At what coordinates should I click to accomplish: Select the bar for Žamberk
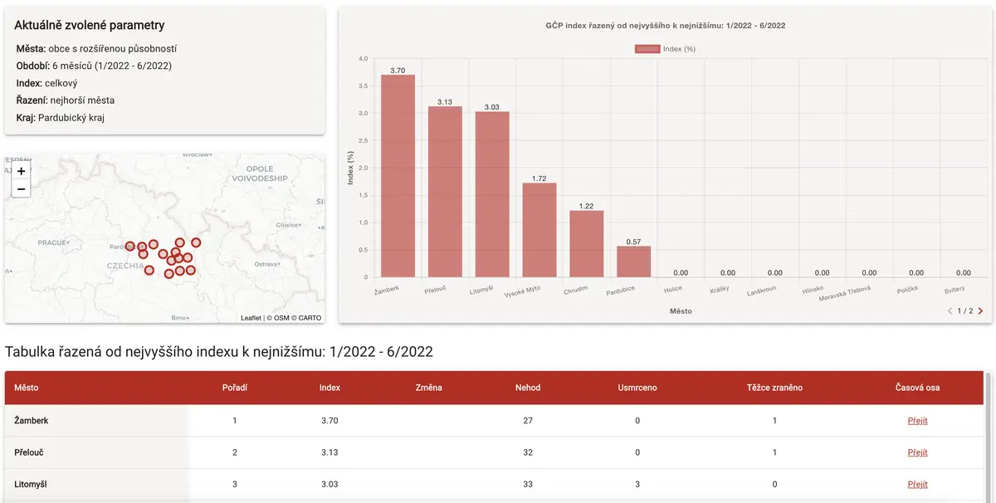pyautogui.click(x=398, y=176)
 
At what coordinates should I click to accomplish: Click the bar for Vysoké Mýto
pyautogui.click(x=539, y=230)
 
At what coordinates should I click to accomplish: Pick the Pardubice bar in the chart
pyautogui.click(x=633, y=261)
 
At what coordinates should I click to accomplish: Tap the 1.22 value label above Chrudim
pyautogui.click(x=586, y=206)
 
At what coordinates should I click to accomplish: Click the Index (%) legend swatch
pyautogui.click(x=647, y=49)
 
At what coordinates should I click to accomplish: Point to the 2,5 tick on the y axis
pyautogui.click(x=364, y=140)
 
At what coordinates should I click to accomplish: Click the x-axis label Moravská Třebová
pyautogui.click(x=844, y=293)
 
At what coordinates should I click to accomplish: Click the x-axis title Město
pyautogui.click(x=681, y=311)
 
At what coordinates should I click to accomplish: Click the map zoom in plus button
pyautogui.click(x=21, y=171)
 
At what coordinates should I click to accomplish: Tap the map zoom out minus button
pyautogui.click(x=21, y=189)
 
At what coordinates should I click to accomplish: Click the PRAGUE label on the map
pyautogui.click(x=52, y=242)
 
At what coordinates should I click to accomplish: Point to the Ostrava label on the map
pyautogui.click(x=266, y=264)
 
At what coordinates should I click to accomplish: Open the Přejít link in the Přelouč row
pyautogui.click(x=917, y=452)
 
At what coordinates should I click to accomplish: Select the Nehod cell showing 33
pyautogui.click(x=528, y=484)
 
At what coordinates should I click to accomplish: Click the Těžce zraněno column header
pyautogui.click(x=774, y=388)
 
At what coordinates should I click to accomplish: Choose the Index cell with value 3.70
pyautogui.click(x=330, y=421)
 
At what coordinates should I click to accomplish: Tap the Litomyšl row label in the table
pyautogui.click(x=30, y=484)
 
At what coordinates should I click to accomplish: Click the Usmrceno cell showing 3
pyautogui.click(x=637, y=484)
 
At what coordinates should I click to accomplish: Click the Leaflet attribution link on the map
pyautogui.click(x=251, y=318)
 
